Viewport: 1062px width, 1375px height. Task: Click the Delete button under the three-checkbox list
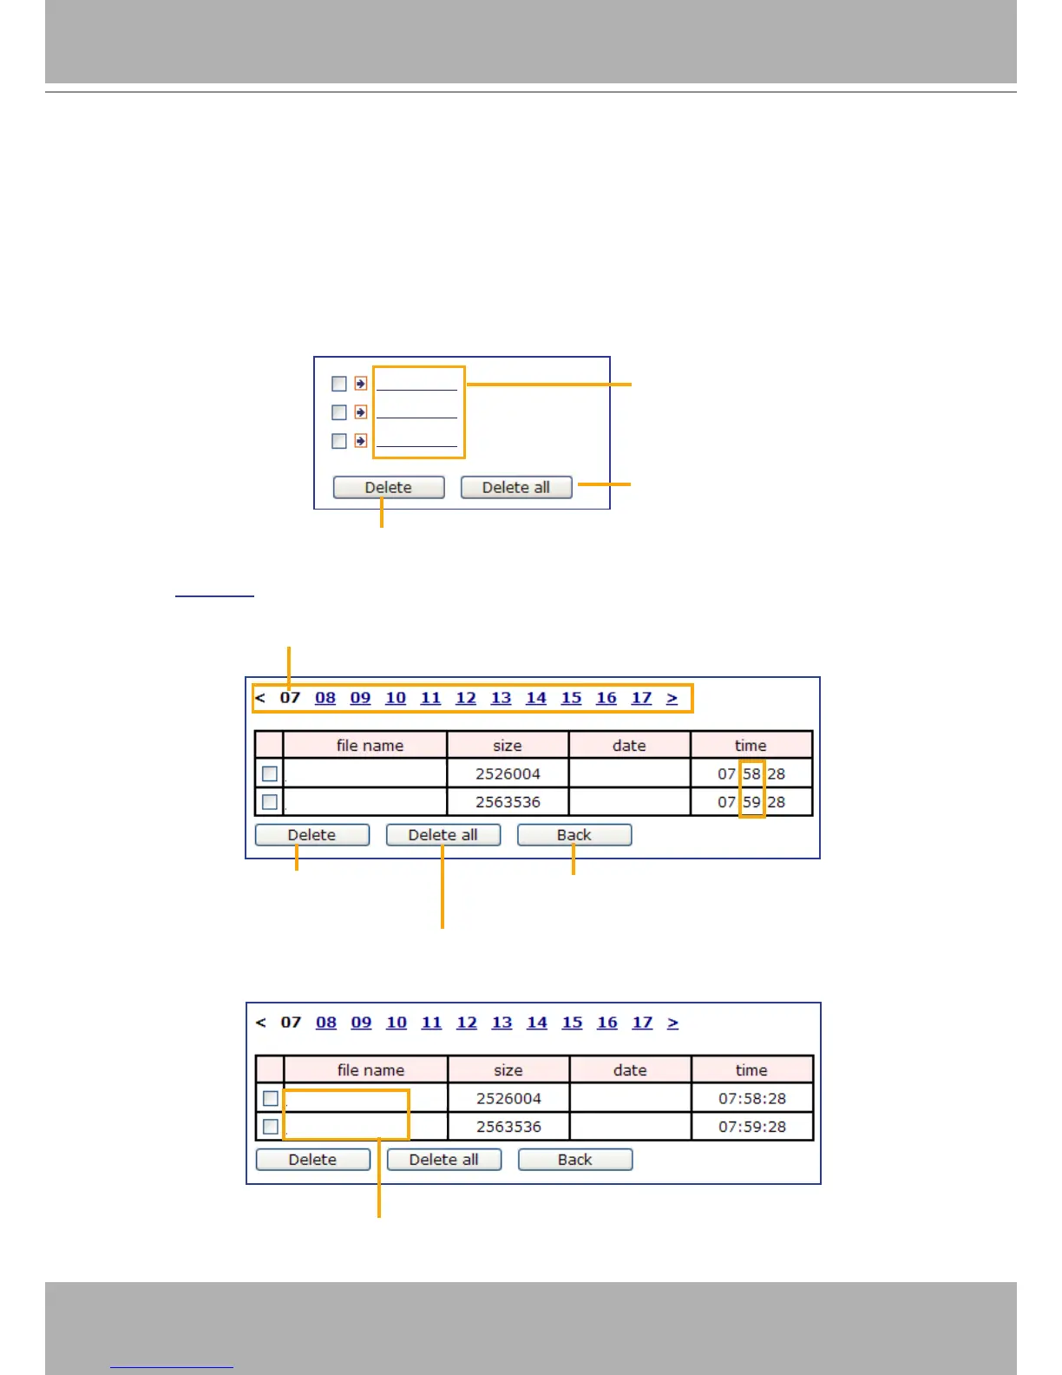point(388,487)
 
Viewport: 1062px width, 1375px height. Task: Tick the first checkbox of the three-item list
point(339,384)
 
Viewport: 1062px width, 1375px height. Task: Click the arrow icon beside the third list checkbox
point(361,441)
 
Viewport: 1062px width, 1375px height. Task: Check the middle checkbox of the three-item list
point(339,412)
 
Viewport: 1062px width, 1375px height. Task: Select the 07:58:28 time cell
point(751,1098)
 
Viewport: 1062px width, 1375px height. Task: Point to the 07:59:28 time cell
point(751,1127)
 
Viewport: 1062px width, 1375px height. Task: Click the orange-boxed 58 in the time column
point(751,773)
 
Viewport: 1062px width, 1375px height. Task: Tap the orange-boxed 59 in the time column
point(751,802)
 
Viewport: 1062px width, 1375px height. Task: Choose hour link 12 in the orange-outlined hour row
point(466,698)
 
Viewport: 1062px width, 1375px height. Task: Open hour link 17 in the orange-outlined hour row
point(641,698)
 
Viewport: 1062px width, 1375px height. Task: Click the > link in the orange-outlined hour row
point(672,698)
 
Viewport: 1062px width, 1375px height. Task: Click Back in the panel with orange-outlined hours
point(574,835)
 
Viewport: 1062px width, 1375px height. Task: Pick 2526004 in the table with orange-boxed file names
point(508,1098)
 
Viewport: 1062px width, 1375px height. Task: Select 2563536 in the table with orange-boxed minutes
point(508,802)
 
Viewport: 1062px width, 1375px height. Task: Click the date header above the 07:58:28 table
point(630,1070)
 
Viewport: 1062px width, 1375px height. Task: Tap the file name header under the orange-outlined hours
point(370,746)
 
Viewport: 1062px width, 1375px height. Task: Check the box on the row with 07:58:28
point(271,1098)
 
